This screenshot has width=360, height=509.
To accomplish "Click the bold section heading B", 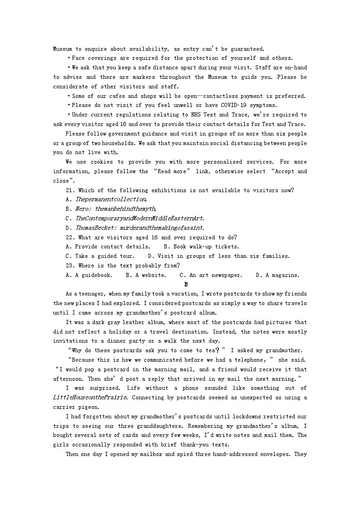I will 186,284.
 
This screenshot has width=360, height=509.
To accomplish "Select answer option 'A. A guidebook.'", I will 89,275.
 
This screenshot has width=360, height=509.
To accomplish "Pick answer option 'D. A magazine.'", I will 277,275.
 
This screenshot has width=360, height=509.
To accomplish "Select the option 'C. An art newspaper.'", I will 211,275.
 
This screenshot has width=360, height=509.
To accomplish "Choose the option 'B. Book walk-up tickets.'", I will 201,247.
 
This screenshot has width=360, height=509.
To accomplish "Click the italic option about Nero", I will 111,209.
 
